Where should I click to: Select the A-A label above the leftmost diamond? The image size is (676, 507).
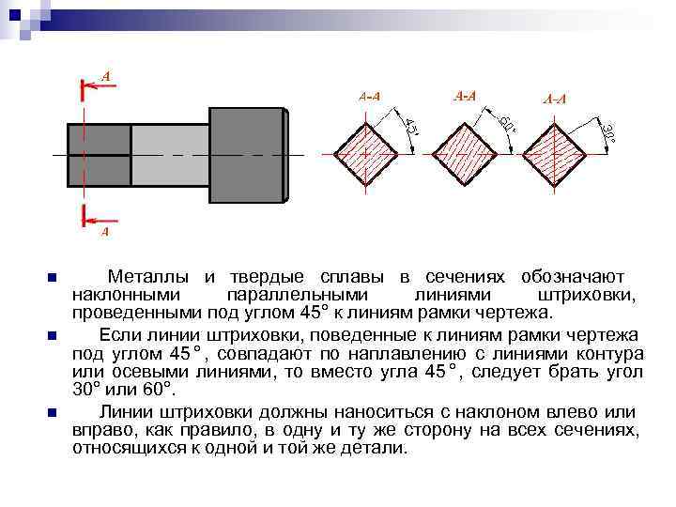[x=369, y=96]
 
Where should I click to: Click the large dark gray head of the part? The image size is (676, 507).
[x=246, y=155]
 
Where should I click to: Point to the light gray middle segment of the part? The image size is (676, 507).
[x=169, y=155]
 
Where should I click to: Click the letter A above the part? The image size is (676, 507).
[x=105, y=74]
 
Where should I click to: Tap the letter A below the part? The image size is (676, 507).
[x=104, y=230]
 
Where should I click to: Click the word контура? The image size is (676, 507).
[x=610, y=354]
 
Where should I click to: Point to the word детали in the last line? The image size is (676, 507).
[x=376, y=448]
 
